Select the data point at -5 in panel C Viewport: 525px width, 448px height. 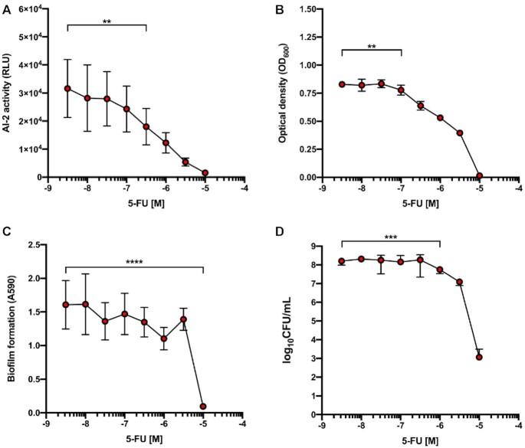(x=203, y=407)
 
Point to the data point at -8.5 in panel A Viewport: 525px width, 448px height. (x=67, y=88)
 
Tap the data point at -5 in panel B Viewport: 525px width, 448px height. (x=479, y=175)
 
